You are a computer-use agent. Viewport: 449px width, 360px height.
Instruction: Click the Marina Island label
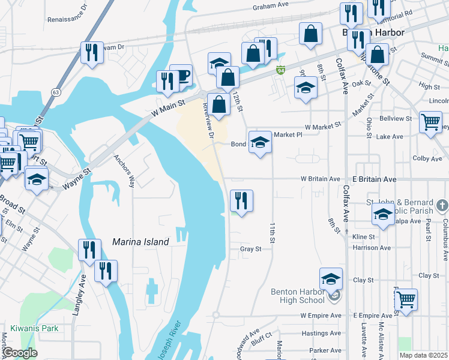[x=140, y=242]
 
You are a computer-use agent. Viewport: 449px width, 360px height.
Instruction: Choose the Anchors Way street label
[x=124, y=171]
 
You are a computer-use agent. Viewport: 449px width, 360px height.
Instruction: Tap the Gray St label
[x=250, y=249]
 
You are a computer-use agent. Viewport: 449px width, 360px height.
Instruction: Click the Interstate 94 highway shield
[x=280, y=71]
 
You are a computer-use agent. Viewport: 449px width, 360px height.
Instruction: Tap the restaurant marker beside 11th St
[x=241, y=200]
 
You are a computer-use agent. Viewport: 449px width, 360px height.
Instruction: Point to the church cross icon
[x=442, y=206]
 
